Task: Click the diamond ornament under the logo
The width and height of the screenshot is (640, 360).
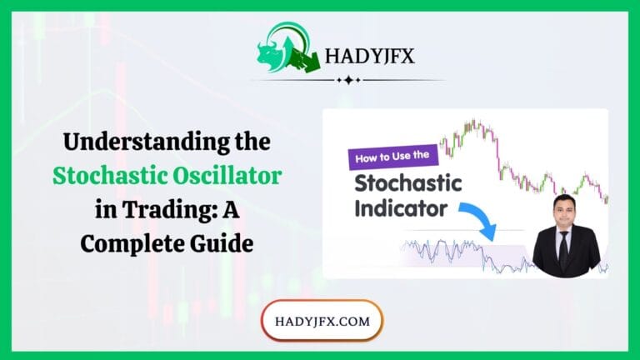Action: click(347, 81)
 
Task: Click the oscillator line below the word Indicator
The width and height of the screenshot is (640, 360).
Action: click(433, 250)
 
